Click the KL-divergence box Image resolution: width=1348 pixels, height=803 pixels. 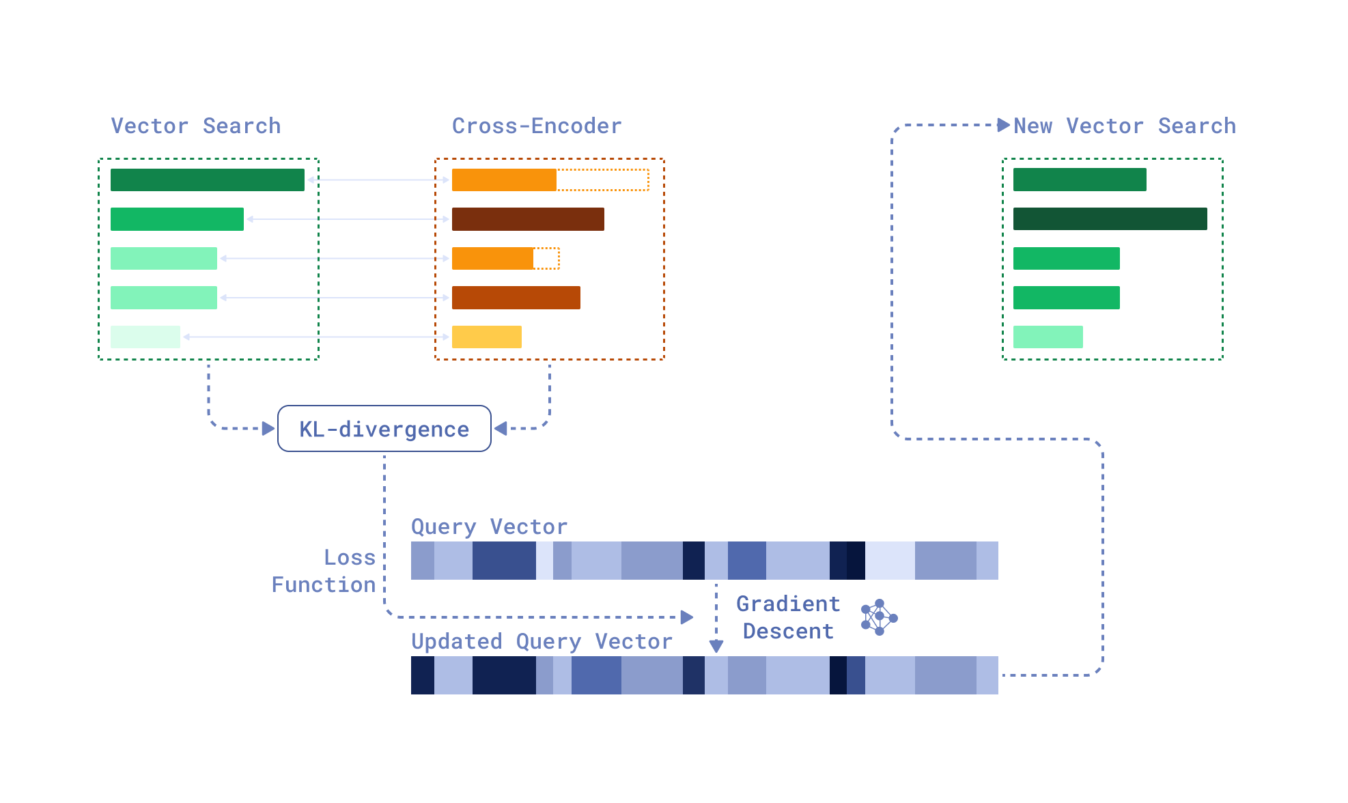click(x=384, y=429)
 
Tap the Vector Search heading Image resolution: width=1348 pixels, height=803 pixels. click(x=195, y=126)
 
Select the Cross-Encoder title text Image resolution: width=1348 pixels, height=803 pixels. click(x=537, y=126)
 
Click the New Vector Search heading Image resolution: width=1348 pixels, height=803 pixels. click(x=1124, y=126)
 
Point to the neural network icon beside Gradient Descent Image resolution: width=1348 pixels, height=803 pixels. click(x=879, y=617)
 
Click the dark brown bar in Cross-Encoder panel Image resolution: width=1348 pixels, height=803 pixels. click(x=528, y=219)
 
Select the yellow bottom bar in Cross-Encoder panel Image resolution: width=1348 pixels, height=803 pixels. click(x=486, y=337)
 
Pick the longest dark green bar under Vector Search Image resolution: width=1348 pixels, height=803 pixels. click(x=207, y=180)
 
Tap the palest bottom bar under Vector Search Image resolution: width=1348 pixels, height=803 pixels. click(x=145, y=337)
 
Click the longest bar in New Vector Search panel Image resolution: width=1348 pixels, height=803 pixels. click(x=1110, y=219)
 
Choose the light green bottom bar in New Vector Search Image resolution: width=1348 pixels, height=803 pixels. click(x=1048, y=337)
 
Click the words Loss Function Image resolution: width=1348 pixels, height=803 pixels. click(x=325, y=571)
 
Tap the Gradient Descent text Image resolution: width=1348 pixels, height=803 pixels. click(x=788, y=617)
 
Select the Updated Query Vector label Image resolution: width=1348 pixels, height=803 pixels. click(x=542, y=641)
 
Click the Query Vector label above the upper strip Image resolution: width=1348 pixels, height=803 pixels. click(x=489, y=526)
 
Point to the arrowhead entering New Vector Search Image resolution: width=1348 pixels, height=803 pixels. click(x=1003, y=125)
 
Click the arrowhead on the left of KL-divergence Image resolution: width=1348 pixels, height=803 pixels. click(x=268, y=428)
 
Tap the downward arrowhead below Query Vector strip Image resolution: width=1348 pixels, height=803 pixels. click(x=716, y=645)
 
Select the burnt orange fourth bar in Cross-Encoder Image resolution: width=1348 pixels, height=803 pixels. click(x=516, y=298)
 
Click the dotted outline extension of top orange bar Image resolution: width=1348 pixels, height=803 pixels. click(x=602, y=180)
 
